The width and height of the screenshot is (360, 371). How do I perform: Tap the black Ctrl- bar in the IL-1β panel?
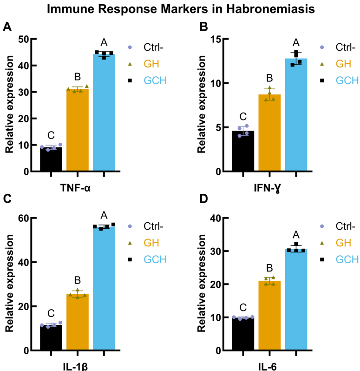[51, 338]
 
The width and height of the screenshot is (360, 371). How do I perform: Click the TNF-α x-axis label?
[78, 188]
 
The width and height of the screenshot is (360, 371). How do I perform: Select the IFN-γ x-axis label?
[269, 188]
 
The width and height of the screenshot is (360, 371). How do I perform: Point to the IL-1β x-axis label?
[78, 366]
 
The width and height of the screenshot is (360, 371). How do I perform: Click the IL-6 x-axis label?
[269, 366]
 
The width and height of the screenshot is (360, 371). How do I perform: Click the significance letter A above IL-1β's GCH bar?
[104, 215]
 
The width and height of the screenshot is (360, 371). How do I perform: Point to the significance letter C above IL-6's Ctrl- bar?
[243, 306]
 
